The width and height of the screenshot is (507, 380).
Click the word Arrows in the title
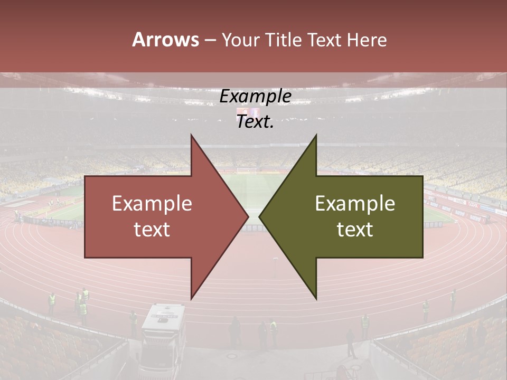point(166,40)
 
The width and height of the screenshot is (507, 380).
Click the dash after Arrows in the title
point(210,41)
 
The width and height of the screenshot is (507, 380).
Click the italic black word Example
point(255,97)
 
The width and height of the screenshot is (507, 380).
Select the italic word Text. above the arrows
point(255,122)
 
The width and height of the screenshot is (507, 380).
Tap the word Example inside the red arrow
point(152,203)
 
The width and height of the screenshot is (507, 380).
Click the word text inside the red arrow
point(152,230)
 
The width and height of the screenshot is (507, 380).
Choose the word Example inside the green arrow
point(355,203)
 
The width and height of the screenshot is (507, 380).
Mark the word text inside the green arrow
point(355,230)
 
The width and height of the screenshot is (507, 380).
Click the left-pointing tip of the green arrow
point(260,217)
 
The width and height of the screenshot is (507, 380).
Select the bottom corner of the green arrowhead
point(316,299)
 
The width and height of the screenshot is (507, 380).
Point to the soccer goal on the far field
point(246,170)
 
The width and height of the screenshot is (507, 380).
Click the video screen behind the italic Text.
point(256,112)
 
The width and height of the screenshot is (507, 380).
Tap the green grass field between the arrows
point(253,190)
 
